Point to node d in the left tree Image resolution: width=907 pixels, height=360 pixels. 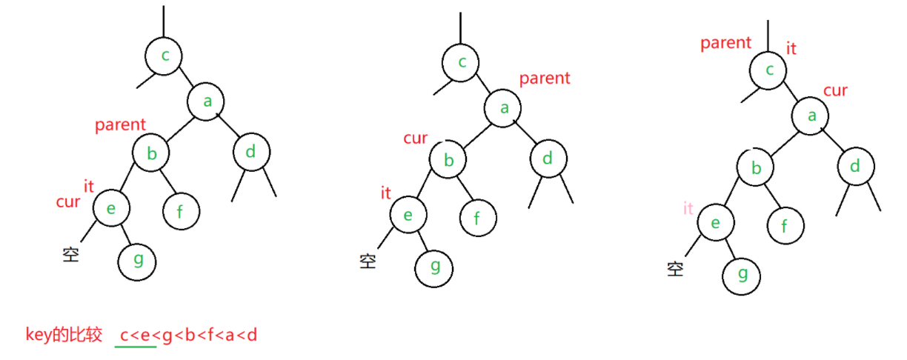[251, 153]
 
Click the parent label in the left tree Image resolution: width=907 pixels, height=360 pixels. [120, 125]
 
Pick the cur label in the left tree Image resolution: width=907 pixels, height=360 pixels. [68, 201]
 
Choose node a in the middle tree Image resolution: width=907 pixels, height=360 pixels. [505, 108]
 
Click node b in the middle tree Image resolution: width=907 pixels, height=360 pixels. [448, 160]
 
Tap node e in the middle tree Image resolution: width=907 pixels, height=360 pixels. [408, 214]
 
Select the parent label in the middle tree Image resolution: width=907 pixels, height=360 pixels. [545, 78]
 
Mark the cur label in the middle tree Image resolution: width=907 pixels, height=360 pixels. [415, 139]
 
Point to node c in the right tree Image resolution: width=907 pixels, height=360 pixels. [768, 70]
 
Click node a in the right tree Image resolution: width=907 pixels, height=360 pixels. [811, 116]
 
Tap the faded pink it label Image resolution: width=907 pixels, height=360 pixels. [688, 209]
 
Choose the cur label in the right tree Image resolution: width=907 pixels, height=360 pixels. [835, 90]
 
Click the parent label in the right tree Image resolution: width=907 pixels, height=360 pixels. [725, 43]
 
